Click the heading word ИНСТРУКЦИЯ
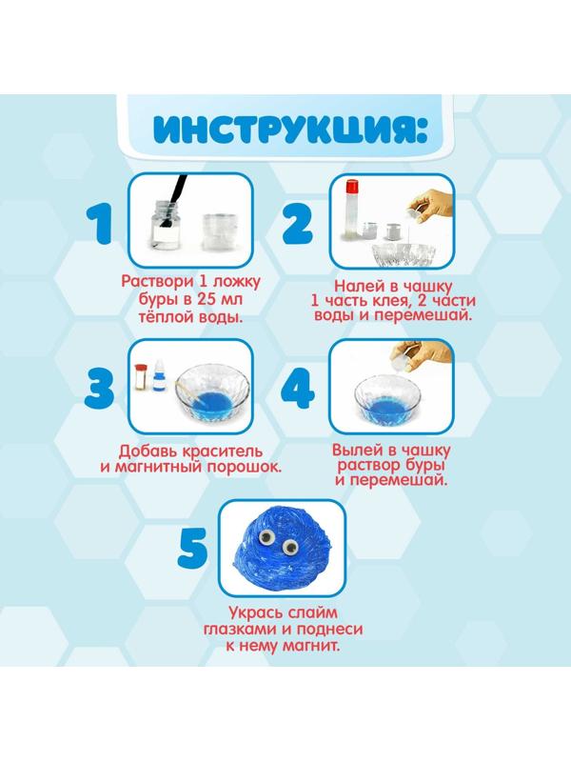(x=285, y=130)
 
